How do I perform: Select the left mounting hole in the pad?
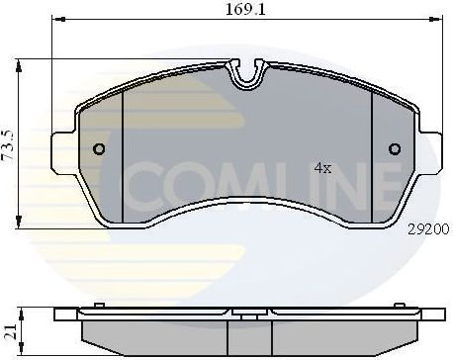pyautogui.click(x=98, y=149)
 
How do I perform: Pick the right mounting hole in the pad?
pyautogui.click(x=395, y=149)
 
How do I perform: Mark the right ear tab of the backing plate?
pyautogui.click(x=432, y=148)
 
